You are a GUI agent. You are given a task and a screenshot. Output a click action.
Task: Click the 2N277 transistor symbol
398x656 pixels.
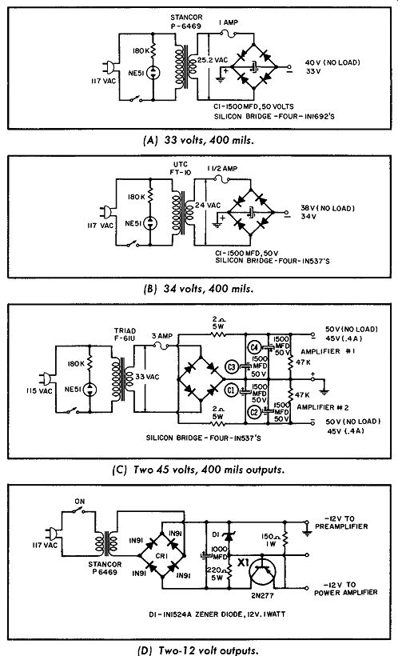click(x=263, y=572)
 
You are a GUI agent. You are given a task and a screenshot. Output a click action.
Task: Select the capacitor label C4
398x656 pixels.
click(x=254, y=346)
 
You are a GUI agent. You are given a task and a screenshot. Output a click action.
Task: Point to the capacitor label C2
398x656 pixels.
click(x=254, y=411)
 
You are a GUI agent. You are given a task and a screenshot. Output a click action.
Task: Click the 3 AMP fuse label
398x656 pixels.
click(x=162, y=336)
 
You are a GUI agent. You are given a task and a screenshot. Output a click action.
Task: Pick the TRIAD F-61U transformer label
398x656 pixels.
click(x=125, y=334)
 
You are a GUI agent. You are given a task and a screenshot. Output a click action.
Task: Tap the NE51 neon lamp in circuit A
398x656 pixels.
click(x=153, y=72)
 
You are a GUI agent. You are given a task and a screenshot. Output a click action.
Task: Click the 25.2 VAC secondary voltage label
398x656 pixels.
click(x=213, y=60)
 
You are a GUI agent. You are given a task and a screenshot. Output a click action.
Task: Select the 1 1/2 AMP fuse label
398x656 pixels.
click(x=222, y=168)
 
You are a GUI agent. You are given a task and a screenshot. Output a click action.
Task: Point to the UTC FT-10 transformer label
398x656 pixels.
click(x=180, y=168)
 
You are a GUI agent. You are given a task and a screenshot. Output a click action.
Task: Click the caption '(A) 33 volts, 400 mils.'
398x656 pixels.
click(x=198, y=140)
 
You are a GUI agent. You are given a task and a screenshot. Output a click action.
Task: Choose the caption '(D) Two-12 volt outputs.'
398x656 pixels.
click(x=197, y=650)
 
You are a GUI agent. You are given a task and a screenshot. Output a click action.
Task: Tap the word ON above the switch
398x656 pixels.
click(x=79, y=502)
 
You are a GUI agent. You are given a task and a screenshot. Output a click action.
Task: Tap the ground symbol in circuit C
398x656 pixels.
click(x=324, y=391)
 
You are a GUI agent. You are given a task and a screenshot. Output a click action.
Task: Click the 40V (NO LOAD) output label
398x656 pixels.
click(x=332, y=62)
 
